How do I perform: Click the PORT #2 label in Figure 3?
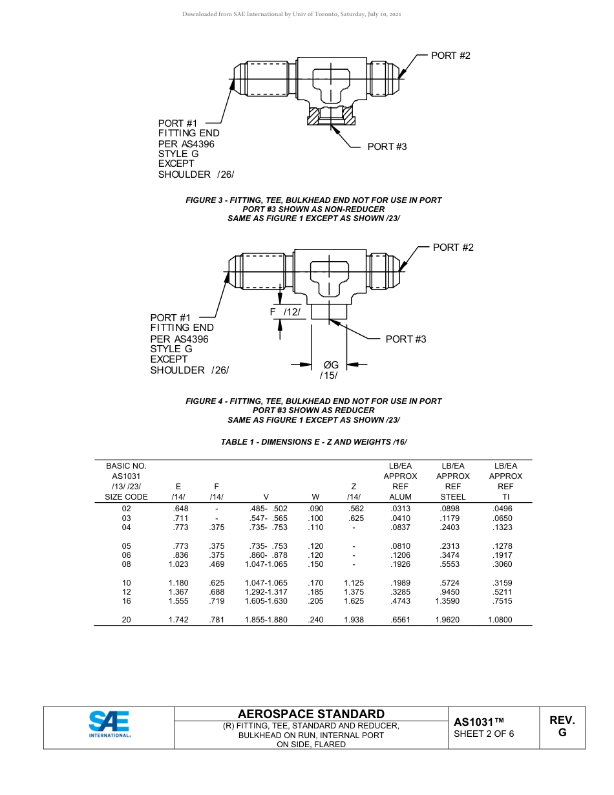(450, 56)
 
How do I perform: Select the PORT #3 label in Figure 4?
(405, 339)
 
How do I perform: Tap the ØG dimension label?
(330, 365)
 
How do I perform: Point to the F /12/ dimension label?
(284, 312)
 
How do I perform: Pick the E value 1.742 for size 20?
(178, 620)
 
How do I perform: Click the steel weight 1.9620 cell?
(452, 620)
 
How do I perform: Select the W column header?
(315, 497)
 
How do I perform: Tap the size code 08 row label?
(126, 564)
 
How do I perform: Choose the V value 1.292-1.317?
(266, 592)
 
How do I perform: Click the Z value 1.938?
(354, 620)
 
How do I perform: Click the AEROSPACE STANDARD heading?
(311, 714)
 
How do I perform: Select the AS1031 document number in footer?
(478, 722)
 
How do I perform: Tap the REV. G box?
(562, 726)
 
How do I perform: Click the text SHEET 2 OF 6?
(483, 734)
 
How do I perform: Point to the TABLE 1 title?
(313, 442)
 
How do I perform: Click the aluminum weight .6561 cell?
(400, 620)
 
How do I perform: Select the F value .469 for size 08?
(217, 564)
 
